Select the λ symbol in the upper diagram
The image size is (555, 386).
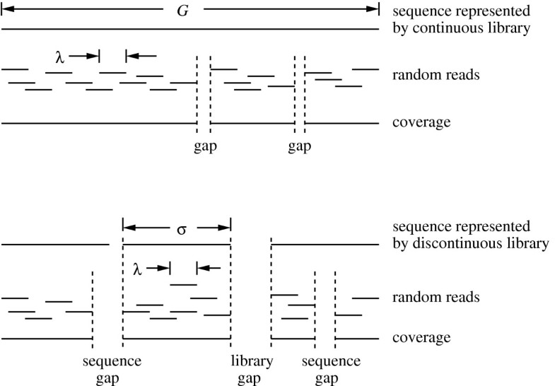pyautogui.click(x=60, y=55)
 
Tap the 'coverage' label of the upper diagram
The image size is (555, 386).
pyautogui.click(x=421, y=123)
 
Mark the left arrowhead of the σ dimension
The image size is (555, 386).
pyautogui.click(x=128, y=228)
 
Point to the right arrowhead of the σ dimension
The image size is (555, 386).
pyautogui.click(x=226, y=228)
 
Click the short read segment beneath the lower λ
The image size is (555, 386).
pyautogui.click(x=184, y=284)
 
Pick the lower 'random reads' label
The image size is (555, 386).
pyautogui.click(x=436, y=297)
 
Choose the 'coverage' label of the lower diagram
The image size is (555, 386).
pyautogui.click(x=421, y=338)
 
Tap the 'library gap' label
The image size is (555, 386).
pyautogui.click(x=252, y=369)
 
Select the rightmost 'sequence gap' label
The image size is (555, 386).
pyautogui.click(x=326, y=369)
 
